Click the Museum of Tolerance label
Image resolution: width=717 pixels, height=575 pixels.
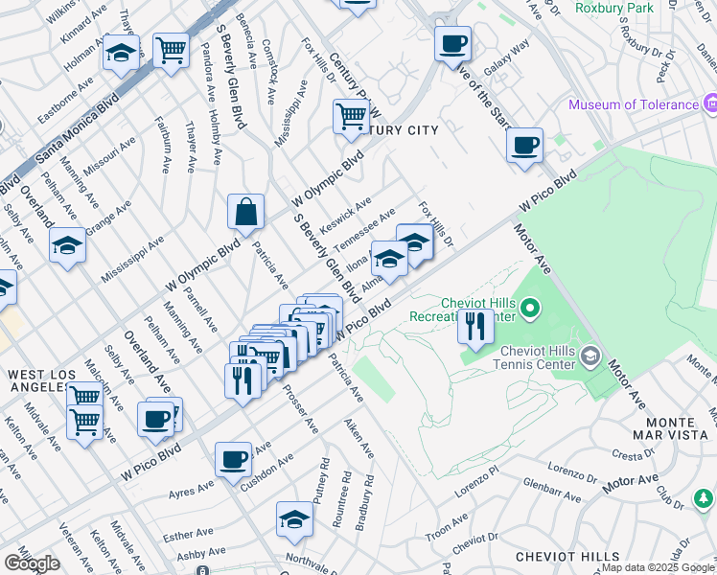click(634, 104)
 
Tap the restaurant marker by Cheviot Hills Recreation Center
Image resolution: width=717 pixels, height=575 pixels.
click(475, 326)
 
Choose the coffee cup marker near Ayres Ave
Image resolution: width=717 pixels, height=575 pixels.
click(233, 459)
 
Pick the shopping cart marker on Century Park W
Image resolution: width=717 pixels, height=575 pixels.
click(351, 116)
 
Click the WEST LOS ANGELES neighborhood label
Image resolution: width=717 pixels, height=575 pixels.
click(38, 380)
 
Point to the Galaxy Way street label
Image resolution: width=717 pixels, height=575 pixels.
click(507, 57)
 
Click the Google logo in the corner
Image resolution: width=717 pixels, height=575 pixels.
click(32, 563)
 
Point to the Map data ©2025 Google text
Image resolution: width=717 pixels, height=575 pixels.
click(658, 567)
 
